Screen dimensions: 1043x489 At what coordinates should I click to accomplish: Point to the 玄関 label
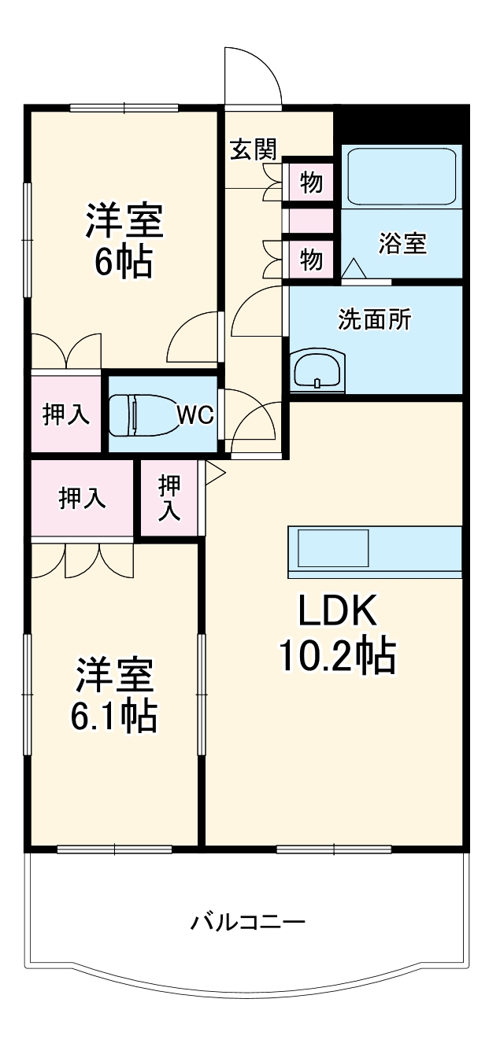254,149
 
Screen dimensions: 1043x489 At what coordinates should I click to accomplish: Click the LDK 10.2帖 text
337,633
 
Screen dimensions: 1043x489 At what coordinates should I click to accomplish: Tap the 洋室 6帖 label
124,240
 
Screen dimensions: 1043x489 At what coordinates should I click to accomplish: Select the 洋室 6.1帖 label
115,694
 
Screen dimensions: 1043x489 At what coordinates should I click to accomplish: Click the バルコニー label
247,920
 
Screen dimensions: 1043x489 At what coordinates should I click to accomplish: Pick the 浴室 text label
402,244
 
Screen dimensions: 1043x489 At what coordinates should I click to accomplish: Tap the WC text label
195,415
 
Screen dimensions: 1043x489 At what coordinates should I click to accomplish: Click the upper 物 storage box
310,182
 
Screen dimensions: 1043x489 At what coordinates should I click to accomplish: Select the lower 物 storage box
310,258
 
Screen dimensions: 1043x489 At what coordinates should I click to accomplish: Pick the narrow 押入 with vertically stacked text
169,499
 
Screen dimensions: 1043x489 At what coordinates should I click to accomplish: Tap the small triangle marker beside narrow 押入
214,472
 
